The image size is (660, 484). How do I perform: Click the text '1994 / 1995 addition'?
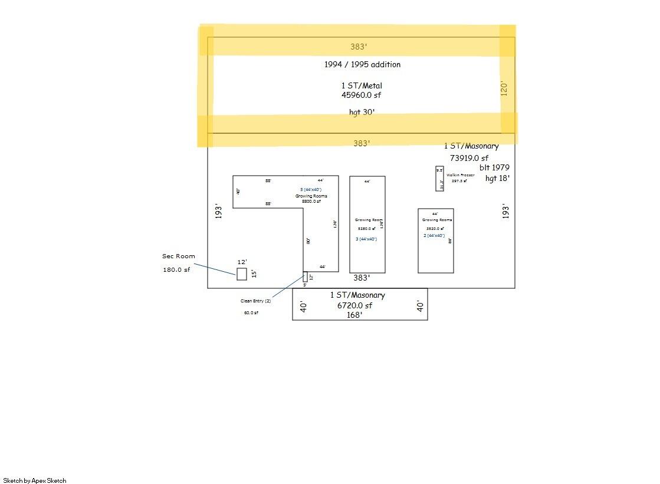coord(362,64)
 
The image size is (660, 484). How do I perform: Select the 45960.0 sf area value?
coord(362,95)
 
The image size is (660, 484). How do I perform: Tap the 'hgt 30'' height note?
coord(362,112)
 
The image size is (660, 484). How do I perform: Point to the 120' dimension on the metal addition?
coord(504,89)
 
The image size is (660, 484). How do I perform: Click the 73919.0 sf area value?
coord(469,158)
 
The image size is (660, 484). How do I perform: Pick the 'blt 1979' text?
coord(494,167)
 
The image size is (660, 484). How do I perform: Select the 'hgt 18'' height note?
coord(497,177)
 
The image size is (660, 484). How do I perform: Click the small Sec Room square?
coord(241,274)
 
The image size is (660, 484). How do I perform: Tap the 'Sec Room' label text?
coord(178,256)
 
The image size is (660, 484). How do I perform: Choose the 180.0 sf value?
coord(176,270)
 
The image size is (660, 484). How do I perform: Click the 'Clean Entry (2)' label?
coord(255,301)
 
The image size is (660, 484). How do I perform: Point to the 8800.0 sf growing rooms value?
coord(311,202)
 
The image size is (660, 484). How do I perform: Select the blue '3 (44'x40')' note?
coord(366,239)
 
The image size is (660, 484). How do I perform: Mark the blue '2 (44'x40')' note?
coord(434,235)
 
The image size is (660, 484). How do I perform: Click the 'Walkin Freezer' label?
coord(460,175)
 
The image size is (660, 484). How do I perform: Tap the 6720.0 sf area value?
coord(354,305)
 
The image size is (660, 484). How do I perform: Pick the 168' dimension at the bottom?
coord(354,315)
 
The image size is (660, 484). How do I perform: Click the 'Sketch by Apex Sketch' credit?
coord(35,480)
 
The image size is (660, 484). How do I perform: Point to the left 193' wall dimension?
coord(218,211)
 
